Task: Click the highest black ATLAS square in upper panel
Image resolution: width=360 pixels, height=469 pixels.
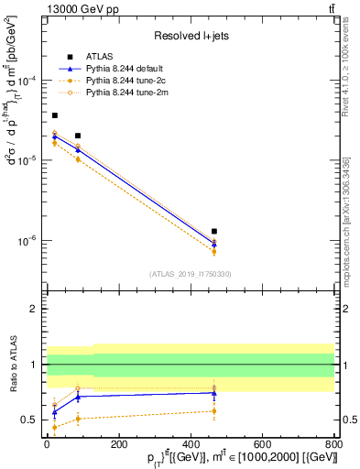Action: [x=55, y=115]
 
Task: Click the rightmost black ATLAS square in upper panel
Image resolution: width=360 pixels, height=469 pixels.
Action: [x=214, y=232]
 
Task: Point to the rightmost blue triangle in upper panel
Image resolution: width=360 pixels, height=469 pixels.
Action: [x=214, y=244]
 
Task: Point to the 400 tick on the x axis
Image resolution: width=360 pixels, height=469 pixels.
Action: [x=191, y=442]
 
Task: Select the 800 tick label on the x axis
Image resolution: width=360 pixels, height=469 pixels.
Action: [x=333, y=442]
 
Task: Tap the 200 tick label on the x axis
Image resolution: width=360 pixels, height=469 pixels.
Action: [x=118, y=442]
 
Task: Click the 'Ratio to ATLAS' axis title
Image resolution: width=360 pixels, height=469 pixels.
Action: [x=11, y=365]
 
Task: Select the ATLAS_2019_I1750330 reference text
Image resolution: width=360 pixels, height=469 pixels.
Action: [x=190, y=274]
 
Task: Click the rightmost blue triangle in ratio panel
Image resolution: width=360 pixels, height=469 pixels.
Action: [x=214, y=393]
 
